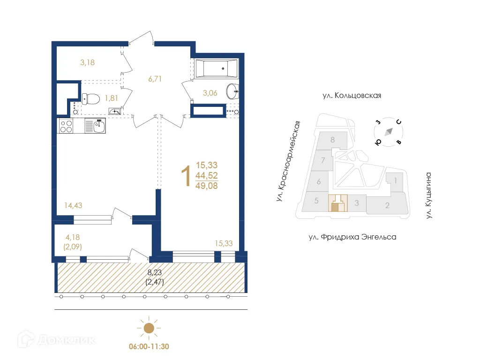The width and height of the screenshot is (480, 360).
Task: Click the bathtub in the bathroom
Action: [x=216, y=69]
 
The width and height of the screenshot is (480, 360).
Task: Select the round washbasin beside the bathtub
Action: [x=232, y=91]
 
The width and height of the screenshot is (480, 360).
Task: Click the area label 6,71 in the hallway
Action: [x=155, y=79]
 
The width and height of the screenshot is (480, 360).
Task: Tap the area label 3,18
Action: [x=87, y=62]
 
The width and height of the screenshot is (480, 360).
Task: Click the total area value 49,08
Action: [x=207, y=186]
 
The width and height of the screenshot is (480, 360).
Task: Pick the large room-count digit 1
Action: [x=186, y=175]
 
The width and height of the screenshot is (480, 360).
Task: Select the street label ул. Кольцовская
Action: [x=352, y=96]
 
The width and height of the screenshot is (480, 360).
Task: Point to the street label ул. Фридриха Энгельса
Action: [x=352, y=237]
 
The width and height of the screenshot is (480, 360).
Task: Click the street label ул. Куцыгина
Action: [x=428, y=195]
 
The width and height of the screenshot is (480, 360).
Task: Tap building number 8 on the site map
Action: [x=332, y=140]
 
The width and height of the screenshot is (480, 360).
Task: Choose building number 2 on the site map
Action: [x=387, y=205]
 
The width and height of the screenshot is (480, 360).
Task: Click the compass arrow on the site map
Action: [x=388, y=132]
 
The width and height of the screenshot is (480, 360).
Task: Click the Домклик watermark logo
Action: [x=49, y=340]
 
